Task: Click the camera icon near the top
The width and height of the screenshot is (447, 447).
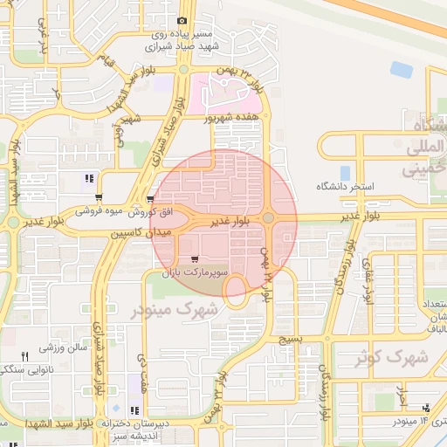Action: (x=182, y=20)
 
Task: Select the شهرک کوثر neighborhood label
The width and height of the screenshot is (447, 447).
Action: (x=392, y=357)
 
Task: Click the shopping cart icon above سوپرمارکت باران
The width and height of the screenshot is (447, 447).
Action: (x=194, y=259)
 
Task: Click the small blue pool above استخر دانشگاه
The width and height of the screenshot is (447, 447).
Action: (x=345, y=173)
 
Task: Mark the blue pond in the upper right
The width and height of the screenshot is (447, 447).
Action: (x=401, y=69)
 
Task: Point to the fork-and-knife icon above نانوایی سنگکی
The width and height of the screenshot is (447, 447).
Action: (x=24, y=356)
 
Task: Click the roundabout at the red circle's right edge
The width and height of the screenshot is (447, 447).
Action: (x=268, y=217)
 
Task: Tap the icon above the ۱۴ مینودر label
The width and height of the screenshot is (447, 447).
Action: (x=426, y=407)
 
